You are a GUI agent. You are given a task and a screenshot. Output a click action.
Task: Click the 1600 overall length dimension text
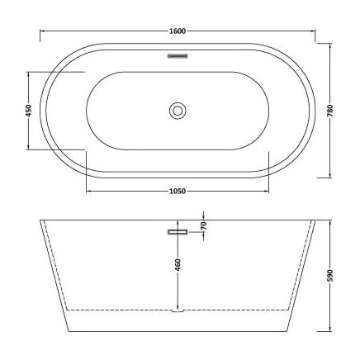point(178,31)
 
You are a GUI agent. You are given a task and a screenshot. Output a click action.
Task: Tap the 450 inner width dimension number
point(29,110)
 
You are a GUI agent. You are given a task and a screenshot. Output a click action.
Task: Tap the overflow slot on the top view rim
point(178,57)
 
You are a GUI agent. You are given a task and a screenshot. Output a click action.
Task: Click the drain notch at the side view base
point(178,313)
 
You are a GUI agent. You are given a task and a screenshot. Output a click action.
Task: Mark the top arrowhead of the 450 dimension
point(29,74)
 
